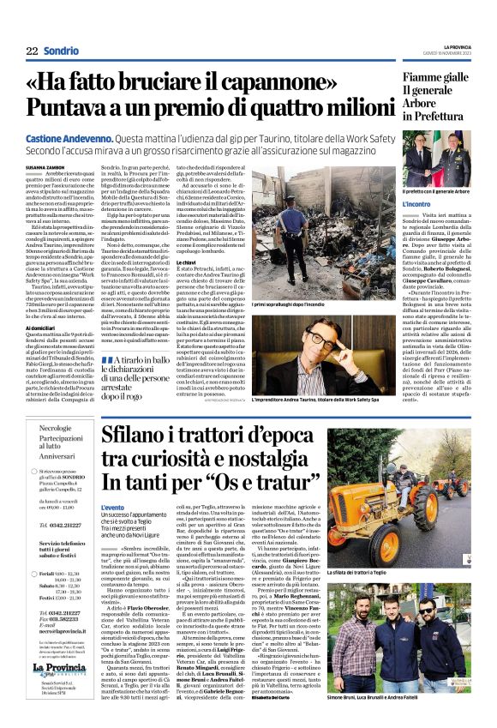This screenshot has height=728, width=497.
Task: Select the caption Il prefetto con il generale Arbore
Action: click(x=438, y=190)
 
